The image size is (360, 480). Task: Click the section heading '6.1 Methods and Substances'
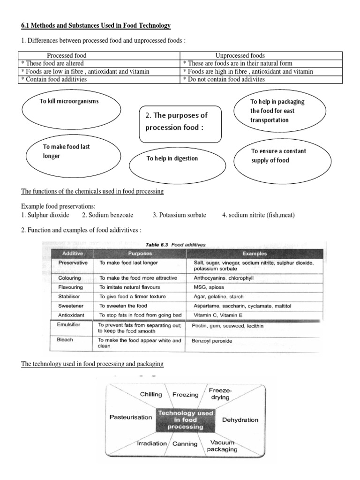(96, 25)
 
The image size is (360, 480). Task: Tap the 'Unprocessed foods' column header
(240, 56)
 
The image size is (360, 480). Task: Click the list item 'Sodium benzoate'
(107, 215)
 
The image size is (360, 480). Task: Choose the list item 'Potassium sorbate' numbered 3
(179, 215)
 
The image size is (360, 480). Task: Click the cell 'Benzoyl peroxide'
(212, 341)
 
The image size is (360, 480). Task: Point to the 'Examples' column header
(255, 253)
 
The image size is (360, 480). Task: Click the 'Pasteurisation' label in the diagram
(131, 417)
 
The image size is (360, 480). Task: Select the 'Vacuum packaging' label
(224, 445)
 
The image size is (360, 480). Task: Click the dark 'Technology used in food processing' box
(186, 420)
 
